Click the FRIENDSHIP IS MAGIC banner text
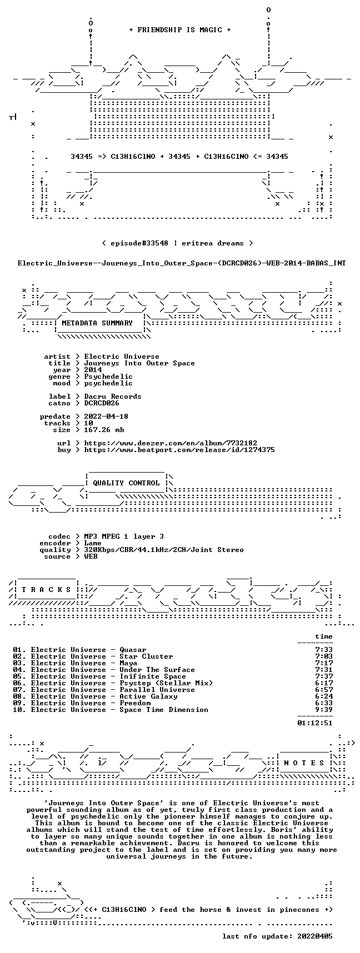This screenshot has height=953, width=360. (x=179, y=30)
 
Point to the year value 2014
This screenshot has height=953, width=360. (x=93, y=370)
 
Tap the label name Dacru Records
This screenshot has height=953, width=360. (x=113, y=397)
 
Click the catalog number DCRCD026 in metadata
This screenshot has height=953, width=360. (x=102, y=403)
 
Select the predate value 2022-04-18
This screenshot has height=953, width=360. (x=106, y=417)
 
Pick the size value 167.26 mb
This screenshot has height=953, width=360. (x=104, y=430)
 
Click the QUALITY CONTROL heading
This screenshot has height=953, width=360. (x=126, y=483)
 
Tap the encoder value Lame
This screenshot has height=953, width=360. (x=93, y=543)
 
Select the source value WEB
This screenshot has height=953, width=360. (x=91, y=556)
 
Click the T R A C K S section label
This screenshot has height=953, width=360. (x=46, y=590)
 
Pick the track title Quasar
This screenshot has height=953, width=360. (x=133, y=650)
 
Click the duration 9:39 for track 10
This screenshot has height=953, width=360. (x=324, y=710)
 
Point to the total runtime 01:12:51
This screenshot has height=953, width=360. (x=315, y=723)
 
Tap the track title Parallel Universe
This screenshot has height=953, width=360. (x=157, y=690)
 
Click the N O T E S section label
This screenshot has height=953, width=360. (x=304, y=763)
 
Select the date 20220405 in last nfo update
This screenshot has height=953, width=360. (x=315, y=936)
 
